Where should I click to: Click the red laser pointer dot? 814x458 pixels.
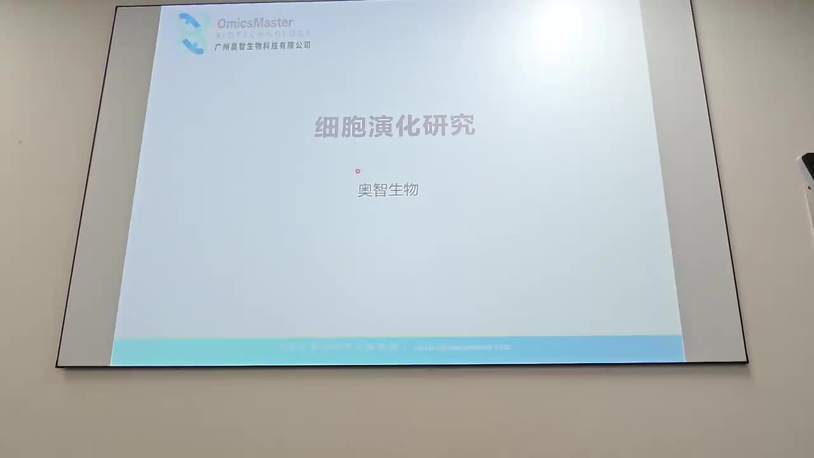357,171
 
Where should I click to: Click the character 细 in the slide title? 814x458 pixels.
327,127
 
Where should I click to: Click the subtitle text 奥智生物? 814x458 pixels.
388,190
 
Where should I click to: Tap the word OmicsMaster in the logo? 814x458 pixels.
255,23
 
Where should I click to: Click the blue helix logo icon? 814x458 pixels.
191,33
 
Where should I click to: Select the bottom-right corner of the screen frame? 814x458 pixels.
747,361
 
